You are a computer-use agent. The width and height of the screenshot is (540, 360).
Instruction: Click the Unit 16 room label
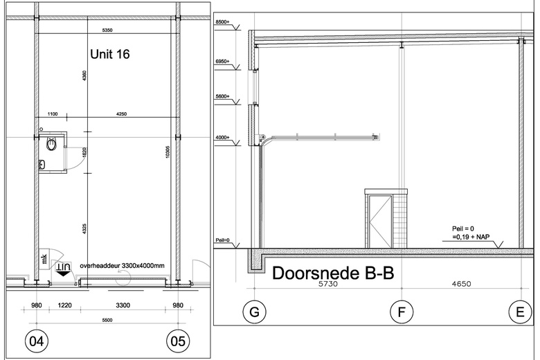(x=111, y=53)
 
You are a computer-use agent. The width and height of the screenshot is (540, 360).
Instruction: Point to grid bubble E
(x=520, y=313)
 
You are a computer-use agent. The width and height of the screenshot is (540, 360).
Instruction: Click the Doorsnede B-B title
(x=333, y=273)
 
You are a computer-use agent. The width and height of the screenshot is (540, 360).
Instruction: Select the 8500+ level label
(x=222, y=23)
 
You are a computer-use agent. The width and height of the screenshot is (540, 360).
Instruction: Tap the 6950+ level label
(x=222, y=62)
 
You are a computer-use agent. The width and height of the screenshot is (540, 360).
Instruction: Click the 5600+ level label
(x=222, y=98)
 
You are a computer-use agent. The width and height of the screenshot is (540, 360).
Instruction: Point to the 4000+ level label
(x=222, y=138)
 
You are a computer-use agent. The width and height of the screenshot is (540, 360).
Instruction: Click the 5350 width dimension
(x=107, y=30)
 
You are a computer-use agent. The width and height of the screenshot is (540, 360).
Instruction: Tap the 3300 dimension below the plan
(x=122, y=305)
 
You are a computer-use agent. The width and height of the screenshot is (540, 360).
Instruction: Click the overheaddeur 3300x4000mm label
(x=122, y=264)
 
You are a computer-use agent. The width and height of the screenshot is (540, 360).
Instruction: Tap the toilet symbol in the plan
(x=51, y=145)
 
